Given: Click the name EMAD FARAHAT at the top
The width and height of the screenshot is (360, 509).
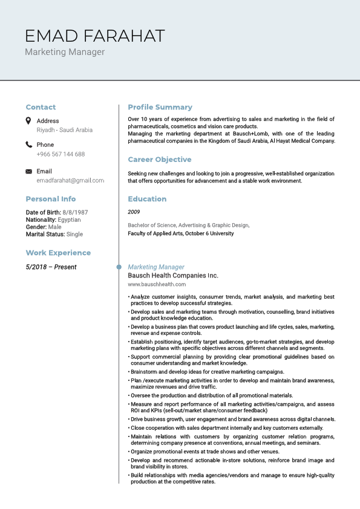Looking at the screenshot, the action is (95, 36).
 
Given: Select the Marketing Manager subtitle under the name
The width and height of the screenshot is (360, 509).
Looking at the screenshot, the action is (65, 52).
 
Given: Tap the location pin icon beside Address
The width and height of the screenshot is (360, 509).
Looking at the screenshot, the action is (28, 121).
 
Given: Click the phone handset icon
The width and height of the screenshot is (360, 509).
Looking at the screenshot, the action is (28, 144).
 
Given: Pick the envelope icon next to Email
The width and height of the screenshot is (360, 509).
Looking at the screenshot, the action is (28, 172).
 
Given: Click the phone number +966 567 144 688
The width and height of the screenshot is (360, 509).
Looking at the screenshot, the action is (61, 154).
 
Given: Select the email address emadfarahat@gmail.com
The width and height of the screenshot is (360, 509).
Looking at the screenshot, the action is (70, 181).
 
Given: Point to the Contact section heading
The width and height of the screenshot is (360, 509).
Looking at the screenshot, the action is (41, 107).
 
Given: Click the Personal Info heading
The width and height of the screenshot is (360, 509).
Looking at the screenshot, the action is (51, 199).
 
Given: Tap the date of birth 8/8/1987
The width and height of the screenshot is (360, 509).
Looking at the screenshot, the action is (75, 213).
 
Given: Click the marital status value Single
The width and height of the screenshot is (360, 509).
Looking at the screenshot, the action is (74, 235).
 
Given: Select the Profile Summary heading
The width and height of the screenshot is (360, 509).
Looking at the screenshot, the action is (160, 107).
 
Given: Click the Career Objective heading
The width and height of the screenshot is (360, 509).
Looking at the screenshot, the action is (159, 160).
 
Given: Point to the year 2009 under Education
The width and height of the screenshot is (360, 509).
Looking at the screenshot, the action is (134, 212).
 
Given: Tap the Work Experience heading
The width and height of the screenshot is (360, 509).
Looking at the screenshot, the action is (58, 253).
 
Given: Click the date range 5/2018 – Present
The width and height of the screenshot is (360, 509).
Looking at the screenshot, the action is (51, 267).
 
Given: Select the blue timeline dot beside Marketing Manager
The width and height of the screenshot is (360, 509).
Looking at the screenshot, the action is (119, 267).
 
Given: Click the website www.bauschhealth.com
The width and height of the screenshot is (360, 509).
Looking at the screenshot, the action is (157, 284).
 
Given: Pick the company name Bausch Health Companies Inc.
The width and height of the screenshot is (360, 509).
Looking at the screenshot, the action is (173, 276).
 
